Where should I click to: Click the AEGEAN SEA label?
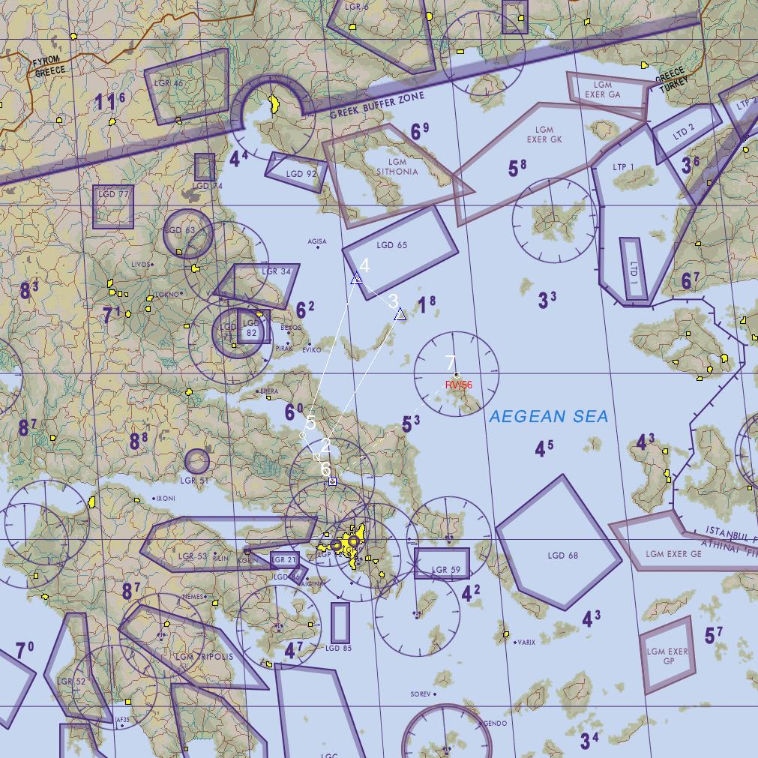tap(548, 417)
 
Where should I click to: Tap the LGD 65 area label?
tap(392, 245)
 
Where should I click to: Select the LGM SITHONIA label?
tap(397, 166)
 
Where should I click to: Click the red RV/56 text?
tap(459, 385)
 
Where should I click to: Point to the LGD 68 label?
tap(562, 556)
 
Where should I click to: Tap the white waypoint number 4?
tap(364, 265)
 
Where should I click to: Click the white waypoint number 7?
tap(451, 362)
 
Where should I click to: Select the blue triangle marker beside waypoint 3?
tap(400, 314)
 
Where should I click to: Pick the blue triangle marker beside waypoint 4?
tap(357, 279)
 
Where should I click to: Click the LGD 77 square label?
tap(113, 194)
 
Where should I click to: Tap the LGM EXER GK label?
tap(544, 135)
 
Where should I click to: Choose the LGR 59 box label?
tap(446, 570)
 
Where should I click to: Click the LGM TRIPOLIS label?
tap(205, 657)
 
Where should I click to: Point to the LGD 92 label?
tap(301, 174)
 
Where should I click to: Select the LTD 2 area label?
tap(684, 133)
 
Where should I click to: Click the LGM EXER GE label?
tap(673, 554)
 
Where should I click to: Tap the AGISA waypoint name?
tap(317, 241)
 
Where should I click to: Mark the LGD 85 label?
tap(338, 648)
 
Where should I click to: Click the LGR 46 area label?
tap(169, 83)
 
